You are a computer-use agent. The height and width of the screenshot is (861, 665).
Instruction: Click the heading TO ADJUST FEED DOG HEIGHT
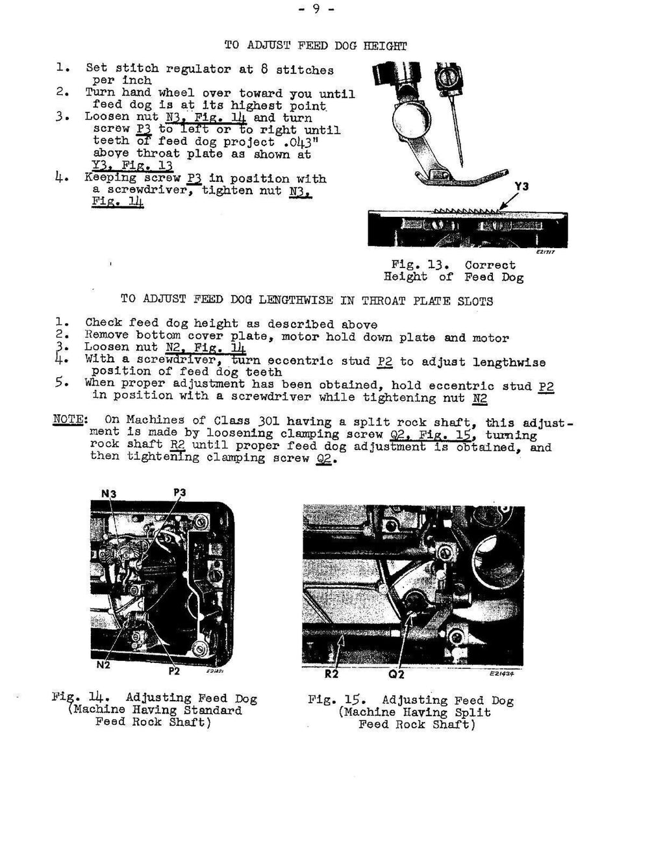tap(315, 45)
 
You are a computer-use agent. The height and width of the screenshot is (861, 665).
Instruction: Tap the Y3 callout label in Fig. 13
tap(521, 186)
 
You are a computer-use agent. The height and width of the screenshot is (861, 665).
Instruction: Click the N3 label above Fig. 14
tap(108, 493)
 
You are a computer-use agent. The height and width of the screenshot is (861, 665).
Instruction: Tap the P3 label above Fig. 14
tap(180, 493)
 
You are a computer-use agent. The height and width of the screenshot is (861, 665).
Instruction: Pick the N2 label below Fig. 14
tap(103, 665)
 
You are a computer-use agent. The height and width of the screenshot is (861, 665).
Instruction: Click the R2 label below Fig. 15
tap(332, 674)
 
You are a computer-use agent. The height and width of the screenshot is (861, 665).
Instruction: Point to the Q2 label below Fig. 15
tap(396, 675)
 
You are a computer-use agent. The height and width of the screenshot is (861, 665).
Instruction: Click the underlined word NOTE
tap(68, 419)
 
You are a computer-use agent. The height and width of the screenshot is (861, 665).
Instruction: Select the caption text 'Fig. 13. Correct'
tap(453, 265)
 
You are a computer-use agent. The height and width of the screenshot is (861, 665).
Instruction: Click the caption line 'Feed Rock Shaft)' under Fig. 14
tap(153, 723)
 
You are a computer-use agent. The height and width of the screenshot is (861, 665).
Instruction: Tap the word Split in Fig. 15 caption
tap(472, 712)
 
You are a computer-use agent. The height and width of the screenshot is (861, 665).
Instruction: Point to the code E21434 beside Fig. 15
tap(505, 674)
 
